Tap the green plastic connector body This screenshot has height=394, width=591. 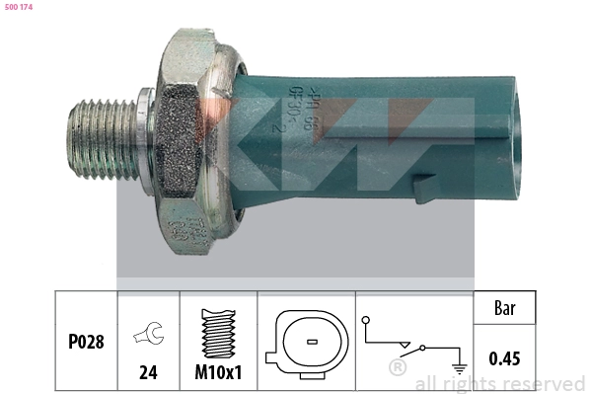[x=375, y=138]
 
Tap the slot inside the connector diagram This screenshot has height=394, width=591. [x=310, y=342]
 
